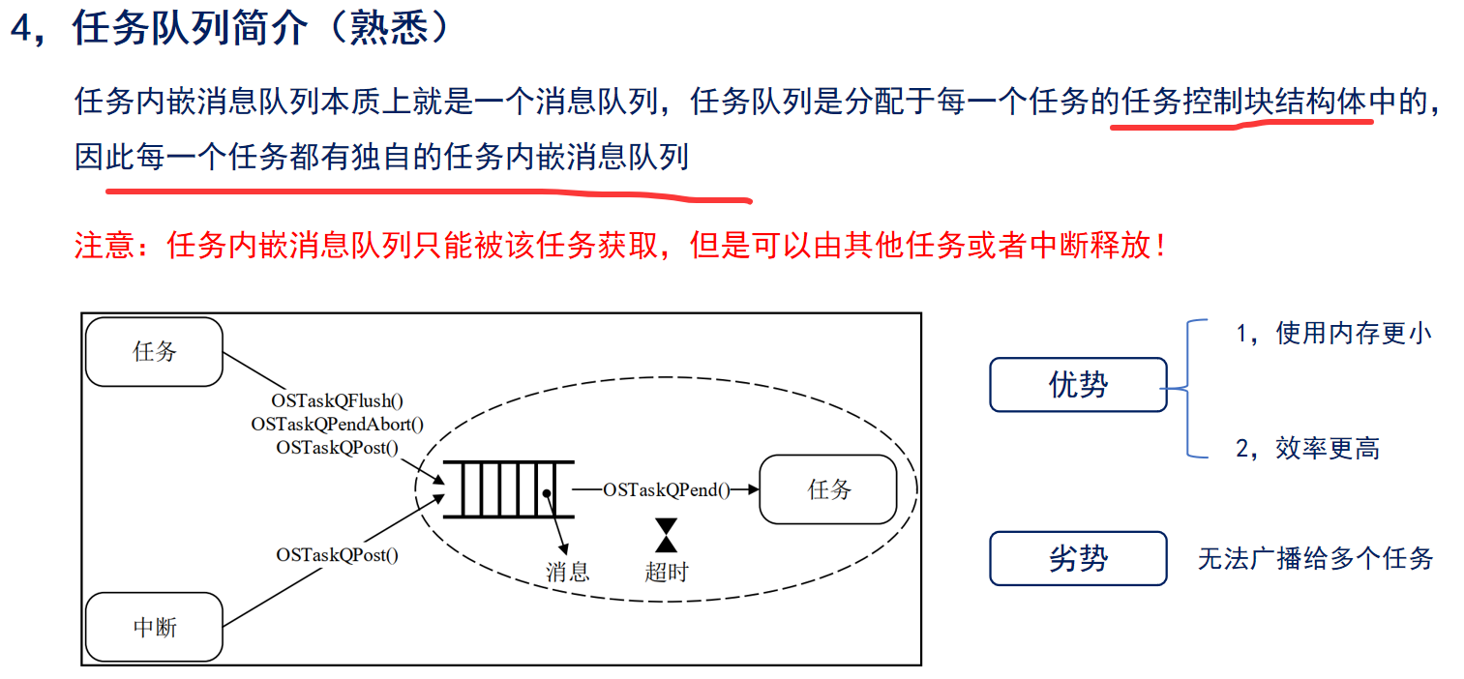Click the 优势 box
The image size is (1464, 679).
point(1078,384)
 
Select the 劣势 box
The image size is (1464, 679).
point(1078,558)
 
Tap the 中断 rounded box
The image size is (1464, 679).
point(154,627)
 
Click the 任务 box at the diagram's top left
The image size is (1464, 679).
point(154,351)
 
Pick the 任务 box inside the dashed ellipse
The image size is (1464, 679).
point(828,488)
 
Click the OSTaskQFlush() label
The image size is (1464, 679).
point(338,399)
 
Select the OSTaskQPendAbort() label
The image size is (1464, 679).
point(338,424)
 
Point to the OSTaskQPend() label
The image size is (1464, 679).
point(666,489)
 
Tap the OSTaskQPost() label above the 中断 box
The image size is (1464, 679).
point(338,554)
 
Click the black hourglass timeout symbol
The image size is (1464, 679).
point(666,535)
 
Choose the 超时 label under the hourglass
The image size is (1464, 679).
point(666,572)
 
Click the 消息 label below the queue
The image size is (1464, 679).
point(567,572)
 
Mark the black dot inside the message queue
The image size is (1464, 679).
point(547,492)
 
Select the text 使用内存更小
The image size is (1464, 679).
point(1353,333)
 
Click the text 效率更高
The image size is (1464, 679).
point(1328,448)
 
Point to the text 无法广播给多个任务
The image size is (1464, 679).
point(1315,558)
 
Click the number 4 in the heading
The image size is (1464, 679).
point(22,28)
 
